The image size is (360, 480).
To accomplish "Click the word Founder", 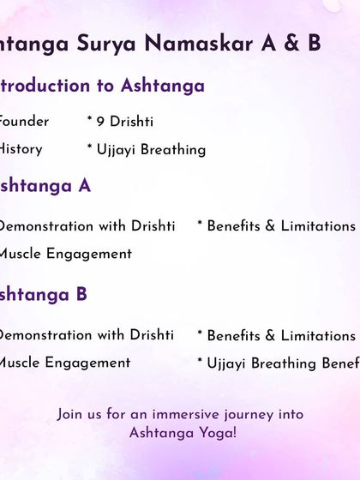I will coord(23,122).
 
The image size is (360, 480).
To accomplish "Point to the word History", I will coord(20,149).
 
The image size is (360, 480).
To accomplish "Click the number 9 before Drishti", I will coord(101,122).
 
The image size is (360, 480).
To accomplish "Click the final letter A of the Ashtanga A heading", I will coord(84,186).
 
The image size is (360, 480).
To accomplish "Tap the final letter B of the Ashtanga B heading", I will coord(81,295).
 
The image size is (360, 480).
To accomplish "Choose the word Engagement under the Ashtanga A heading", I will coord(90,254).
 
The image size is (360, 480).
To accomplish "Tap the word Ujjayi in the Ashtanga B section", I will coord(227,363).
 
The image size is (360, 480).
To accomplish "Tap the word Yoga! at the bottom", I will coord(217,433).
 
